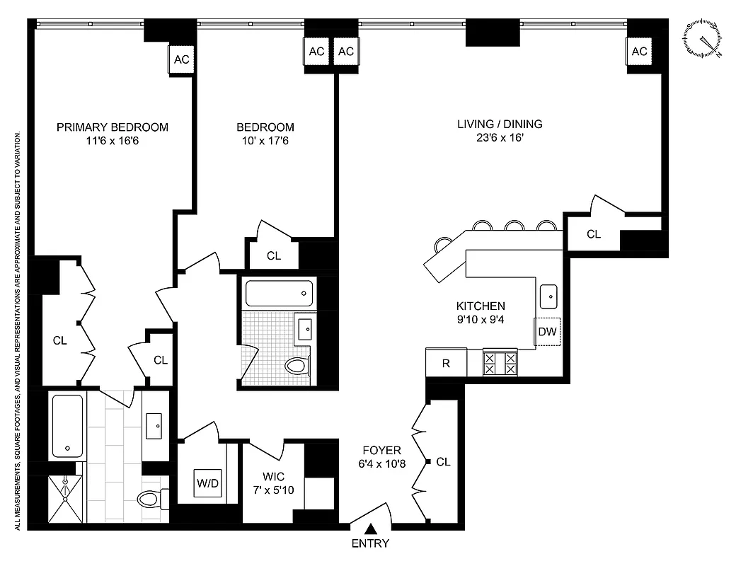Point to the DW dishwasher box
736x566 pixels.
pos(547,331)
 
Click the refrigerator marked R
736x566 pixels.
pos(446,364)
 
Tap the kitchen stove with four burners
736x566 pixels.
pos(500,364)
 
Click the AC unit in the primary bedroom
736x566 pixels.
pos(181,59)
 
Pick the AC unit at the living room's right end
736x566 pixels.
pos(639,52)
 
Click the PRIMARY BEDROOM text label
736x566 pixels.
pos(113,127)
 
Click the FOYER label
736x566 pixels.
pos(381,450)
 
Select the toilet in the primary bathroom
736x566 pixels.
pos(151,499)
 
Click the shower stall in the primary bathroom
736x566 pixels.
pos(65,499)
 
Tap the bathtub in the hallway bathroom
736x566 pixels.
pos(278,291)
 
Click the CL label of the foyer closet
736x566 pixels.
pos(443,462)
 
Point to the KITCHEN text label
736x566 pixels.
pos(480,306)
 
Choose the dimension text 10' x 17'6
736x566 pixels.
pos(265,141)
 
